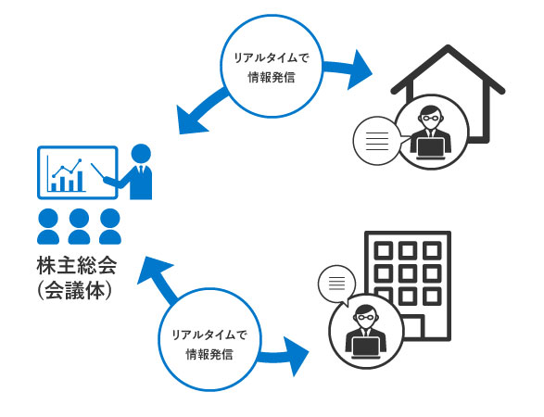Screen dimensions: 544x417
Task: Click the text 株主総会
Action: [77, 266]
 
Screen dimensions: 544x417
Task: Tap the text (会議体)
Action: [74, 290]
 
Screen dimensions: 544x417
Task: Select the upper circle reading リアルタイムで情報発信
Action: [272, 67]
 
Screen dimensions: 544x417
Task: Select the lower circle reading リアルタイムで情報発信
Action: [209, 340]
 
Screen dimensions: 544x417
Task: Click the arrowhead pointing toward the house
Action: [359, 70]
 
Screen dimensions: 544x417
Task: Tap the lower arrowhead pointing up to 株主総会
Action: [153, 272]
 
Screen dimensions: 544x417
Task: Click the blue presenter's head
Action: [141, 154]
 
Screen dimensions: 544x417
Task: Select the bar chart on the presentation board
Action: [69, 181]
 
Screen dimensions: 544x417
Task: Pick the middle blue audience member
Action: [79, 226]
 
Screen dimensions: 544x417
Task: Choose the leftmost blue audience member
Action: [48, 226]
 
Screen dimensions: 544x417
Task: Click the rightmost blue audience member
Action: [110, 226]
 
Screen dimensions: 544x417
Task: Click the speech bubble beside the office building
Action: [337, 284]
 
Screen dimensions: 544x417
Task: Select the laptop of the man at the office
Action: [366, 347]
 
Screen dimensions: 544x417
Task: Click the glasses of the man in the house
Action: [431, 118]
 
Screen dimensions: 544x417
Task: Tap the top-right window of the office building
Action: [432, 250]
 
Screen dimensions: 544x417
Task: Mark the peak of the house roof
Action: [448, 47]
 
